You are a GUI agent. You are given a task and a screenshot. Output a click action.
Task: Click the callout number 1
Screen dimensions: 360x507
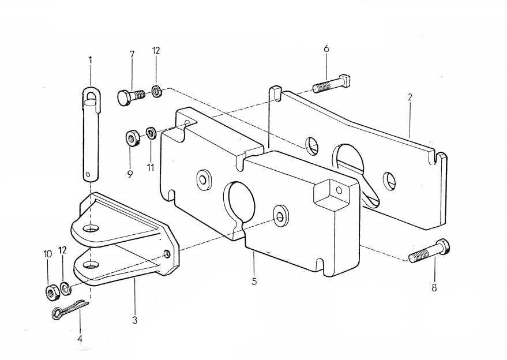coord(90,60)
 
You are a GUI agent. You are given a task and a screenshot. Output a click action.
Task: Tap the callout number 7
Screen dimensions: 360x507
coord(132,54)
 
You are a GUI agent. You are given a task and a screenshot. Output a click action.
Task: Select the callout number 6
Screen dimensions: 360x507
coord(326,49)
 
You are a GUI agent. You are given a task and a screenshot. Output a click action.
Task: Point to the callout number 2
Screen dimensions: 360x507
coord(410,97)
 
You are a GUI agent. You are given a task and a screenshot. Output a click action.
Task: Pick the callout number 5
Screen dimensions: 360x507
coord(254,282)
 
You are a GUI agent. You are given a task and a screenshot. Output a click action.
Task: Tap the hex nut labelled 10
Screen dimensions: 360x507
coord(51,292)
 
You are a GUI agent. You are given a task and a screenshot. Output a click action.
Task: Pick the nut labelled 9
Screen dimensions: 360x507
coord(132,138)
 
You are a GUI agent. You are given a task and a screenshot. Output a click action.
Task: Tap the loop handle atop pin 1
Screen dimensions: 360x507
coord(91,93)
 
